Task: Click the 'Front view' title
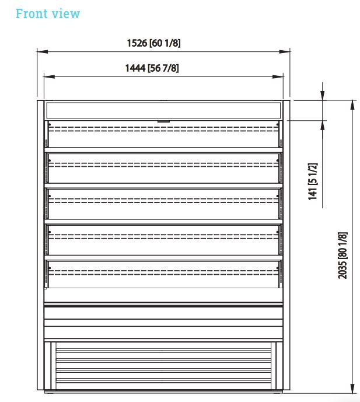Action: tap(48, 13)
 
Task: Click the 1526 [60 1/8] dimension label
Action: tap(153, 43)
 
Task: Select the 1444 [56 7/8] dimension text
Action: tap(152, 68)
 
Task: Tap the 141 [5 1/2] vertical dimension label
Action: tap(313, 181)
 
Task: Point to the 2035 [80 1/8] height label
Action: tap(342, 256)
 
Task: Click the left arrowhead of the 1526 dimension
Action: tap(42, 51)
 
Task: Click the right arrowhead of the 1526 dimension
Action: tap(285, 51)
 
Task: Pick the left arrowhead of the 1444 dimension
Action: tap(49, 76)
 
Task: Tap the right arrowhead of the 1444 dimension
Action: tap(278, 76)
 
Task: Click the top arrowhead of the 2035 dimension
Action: tap(353, 106)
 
